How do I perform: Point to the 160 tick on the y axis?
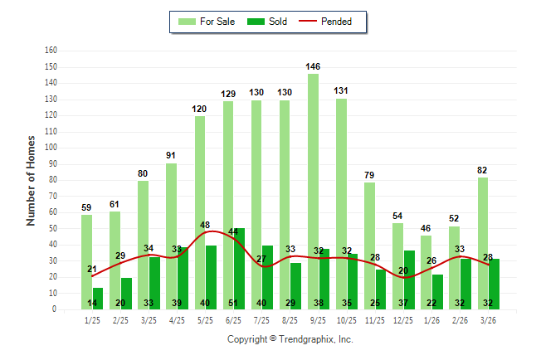pos(51,51)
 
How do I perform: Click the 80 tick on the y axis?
pos(52,180)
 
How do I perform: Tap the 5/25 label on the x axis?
pos(205,319)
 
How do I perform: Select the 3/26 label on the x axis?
pos(488,319)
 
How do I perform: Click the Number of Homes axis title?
pos(31,180)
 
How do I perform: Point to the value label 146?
pos(313,66)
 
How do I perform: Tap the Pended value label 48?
pos(205,225)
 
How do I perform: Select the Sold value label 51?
pos(234,303)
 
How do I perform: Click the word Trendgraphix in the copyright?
pos(308,339)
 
